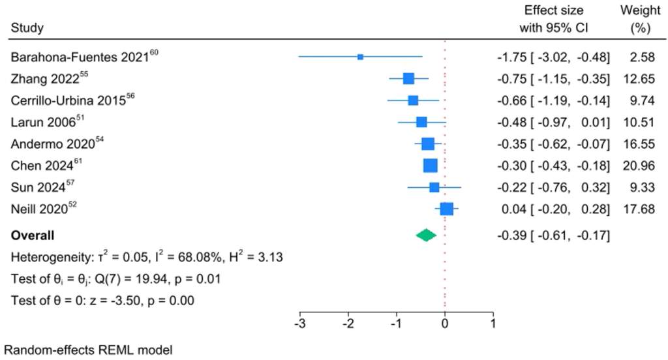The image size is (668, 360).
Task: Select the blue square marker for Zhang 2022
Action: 408,79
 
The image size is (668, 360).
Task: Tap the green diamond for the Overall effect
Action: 426,235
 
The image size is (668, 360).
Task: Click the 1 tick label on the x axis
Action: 493,322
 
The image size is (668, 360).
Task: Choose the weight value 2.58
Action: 642,57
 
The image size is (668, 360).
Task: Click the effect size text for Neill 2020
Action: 553,209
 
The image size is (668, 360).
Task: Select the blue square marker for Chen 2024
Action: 431,166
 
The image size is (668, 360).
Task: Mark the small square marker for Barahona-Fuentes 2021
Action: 360,57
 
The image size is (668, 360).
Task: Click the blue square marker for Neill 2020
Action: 446,209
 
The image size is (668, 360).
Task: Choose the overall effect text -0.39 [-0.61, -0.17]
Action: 553,235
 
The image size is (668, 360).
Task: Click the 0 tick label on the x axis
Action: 445,322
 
